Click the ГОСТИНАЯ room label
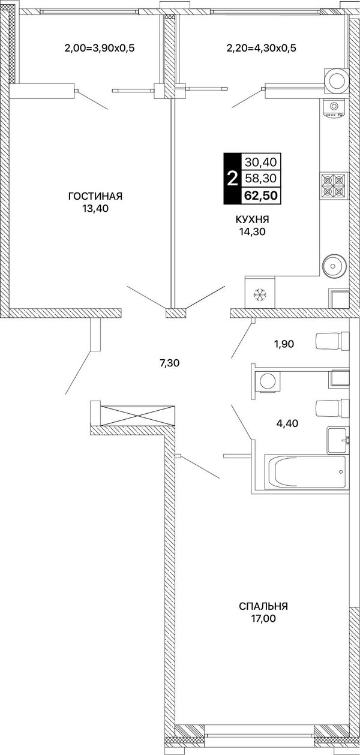[x=95, y=196]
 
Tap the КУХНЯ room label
[x=252, y=219]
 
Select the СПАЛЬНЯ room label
[x=263, y=606]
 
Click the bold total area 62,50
[x=260, y=195]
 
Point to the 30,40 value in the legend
[x=260, y=162]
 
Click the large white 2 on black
[x=232, y=179]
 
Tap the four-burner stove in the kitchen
[x=334, y=187]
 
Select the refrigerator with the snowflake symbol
[x=260, y=292]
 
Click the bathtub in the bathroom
[x=305, y=472]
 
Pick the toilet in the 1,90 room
[x=332, y=341]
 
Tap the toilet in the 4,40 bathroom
[x=332, y=408]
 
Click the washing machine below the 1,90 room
[x=268, y=381]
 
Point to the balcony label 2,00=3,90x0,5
[x=100, y=48]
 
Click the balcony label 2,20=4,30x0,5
[x=261, y=48]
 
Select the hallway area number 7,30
[x=169, y=363]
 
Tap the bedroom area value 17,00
[x=263, y=618]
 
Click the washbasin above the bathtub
[x=337, y=440]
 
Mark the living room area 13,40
[x=95, y=209]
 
